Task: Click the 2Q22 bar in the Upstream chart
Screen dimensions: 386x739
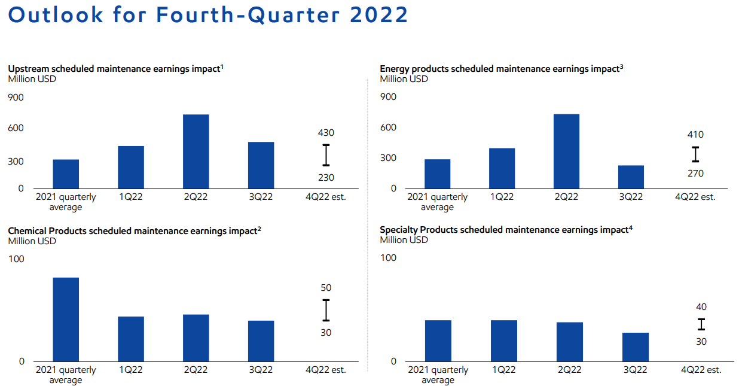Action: [196, 151]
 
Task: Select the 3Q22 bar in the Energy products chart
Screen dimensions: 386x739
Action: [631, 177]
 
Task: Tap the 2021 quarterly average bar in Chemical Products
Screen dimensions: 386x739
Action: [66, 319]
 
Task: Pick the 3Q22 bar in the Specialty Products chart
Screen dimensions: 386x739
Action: [635, 347]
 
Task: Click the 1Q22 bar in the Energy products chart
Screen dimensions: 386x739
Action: [502, 168]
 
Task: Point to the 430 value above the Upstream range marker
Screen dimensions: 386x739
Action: [326, 133]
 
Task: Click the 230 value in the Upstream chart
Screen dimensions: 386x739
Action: [326, 177]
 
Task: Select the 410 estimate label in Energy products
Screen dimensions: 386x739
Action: [695, 135]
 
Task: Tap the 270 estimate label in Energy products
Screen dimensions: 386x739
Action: [695, 174]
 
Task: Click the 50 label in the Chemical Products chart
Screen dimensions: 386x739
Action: [326, 288]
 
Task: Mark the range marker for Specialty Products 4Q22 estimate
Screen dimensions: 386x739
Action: [701, 324]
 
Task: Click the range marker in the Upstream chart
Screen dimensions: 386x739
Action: [326, 155]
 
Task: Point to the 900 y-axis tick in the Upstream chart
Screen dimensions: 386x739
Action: [16, 97]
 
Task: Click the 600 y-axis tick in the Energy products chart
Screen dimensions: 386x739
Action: [388, 127]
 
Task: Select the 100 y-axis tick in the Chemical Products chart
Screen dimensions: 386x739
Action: [16, 259]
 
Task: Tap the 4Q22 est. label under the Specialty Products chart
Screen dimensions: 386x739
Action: [701, 370]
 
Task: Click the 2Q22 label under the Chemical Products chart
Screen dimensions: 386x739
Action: [196, 370]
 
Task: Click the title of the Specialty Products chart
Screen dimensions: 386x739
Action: [506, 230]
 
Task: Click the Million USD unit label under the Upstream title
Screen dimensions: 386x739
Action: [32, 78]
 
